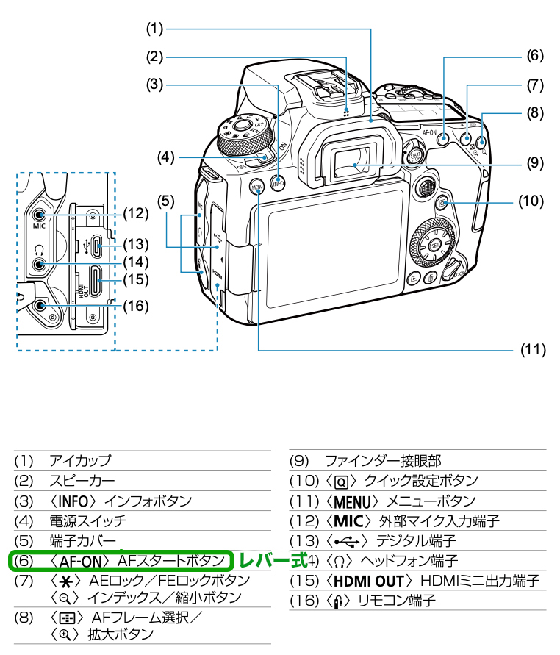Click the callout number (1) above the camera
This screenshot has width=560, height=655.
pos(154,29)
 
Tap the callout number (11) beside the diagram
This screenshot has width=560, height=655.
pos(533,350)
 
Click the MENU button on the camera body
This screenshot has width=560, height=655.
pos(257,187)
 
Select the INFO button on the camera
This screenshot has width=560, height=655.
pos(278,184)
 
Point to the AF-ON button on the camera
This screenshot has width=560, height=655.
pos(444,137)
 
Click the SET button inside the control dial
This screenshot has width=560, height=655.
pos(435,245)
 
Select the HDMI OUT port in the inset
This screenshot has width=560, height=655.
pos(96,279)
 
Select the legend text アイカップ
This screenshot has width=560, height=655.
pos(79,461)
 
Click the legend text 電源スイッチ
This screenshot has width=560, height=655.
pos(87,520)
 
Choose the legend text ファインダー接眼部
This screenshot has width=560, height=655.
pos(382,461)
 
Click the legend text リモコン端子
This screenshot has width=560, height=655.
pos(397,601)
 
